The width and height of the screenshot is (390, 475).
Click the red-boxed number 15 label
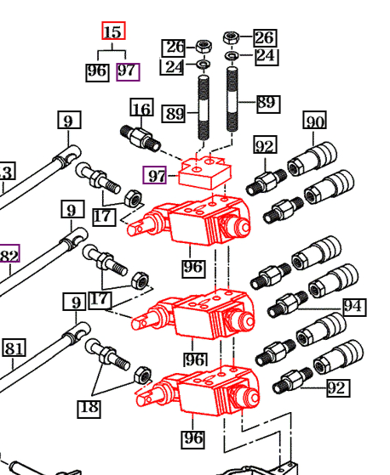click(113, 31)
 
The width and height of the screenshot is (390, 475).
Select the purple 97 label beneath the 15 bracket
click(128, 71)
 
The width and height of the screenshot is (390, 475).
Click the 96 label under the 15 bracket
click(97, 72)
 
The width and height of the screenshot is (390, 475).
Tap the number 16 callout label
click(141, 107)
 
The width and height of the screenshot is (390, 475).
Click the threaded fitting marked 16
click(141, 138)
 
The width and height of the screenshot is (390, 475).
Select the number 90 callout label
click(315, 120)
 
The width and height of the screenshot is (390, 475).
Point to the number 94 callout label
click(354, 307)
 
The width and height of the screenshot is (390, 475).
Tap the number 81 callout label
click(14, 348)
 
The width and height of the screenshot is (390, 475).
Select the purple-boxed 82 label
click(9, 253)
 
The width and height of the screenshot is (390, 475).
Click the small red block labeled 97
click(205, 172)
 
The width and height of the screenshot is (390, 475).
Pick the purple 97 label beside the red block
click(155, 175)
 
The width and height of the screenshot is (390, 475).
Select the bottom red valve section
click(198, 391)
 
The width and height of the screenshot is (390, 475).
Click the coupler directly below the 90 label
click(313, 159)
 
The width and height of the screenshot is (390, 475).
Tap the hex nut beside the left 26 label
click(204, 47)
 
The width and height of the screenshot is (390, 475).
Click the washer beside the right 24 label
click(232, 55)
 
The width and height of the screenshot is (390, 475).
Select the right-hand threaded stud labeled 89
click(232, 99)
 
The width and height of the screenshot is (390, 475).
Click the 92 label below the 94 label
click(338, 387)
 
